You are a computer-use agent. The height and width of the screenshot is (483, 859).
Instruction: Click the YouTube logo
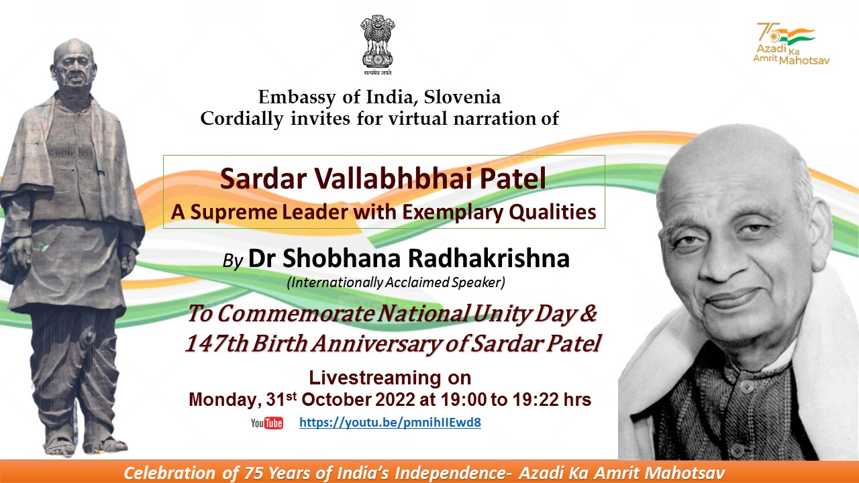[267, 423]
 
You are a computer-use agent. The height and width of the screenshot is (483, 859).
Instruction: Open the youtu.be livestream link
[390, 423]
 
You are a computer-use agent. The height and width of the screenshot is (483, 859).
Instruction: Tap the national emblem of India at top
[378, 44]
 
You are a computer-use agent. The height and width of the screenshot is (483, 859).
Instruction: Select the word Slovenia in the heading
[462, 97]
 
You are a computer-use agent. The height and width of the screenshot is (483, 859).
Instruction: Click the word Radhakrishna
[489, 258]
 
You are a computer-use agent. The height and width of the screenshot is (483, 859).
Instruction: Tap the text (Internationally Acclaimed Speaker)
[396, 283]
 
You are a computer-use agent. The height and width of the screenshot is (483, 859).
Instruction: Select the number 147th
[217, 343]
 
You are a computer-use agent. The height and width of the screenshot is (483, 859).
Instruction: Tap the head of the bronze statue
[74, 65]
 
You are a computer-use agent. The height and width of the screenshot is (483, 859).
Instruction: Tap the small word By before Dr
[233, 262]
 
